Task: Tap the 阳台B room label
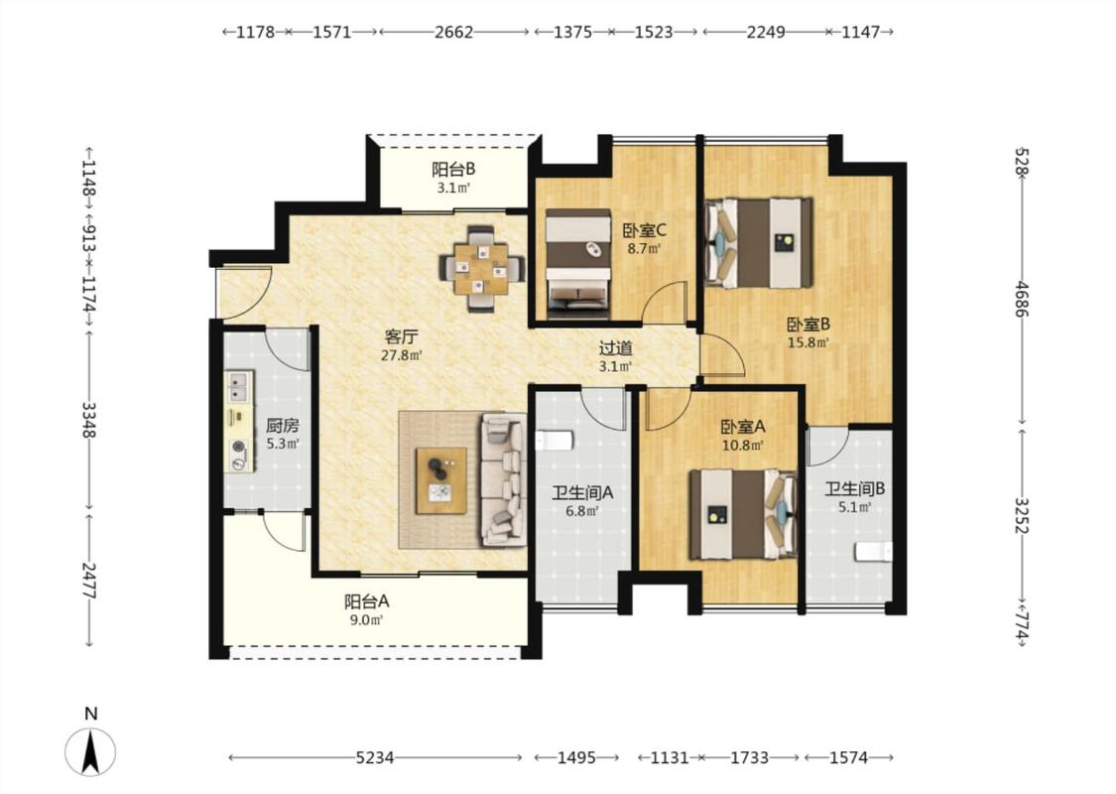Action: [x=453, y=170]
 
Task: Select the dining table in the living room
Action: [x=482, y=268]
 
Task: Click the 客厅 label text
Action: [x=401, y=336]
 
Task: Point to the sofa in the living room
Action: [x=504, y=479]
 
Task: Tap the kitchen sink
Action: [x=238, y=387]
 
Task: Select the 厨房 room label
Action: [x=283, y=426]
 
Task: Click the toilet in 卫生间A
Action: [x=554, y=441]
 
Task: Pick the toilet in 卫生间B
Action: [x=873, y=552]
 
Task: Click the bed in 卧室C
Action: [x=578, y=263]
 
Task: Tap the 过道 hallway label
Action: [x=615, y=348]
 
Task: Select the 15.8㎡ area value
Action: [x=807, y=342]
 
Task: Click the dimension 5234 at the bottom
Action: [x=374, y=757]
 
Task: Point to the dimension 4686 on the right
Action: [x=1022, y=300]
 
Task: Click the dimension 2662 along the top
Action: [x=454, y=32]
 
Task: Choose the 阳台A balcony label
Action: [x=366, y=601]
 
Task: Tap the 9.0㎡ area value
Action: [x=366, y=619]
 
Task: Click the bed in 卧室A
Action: [x=743, y=513]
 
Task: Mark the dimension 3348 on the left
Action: [x=89, y=420]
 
